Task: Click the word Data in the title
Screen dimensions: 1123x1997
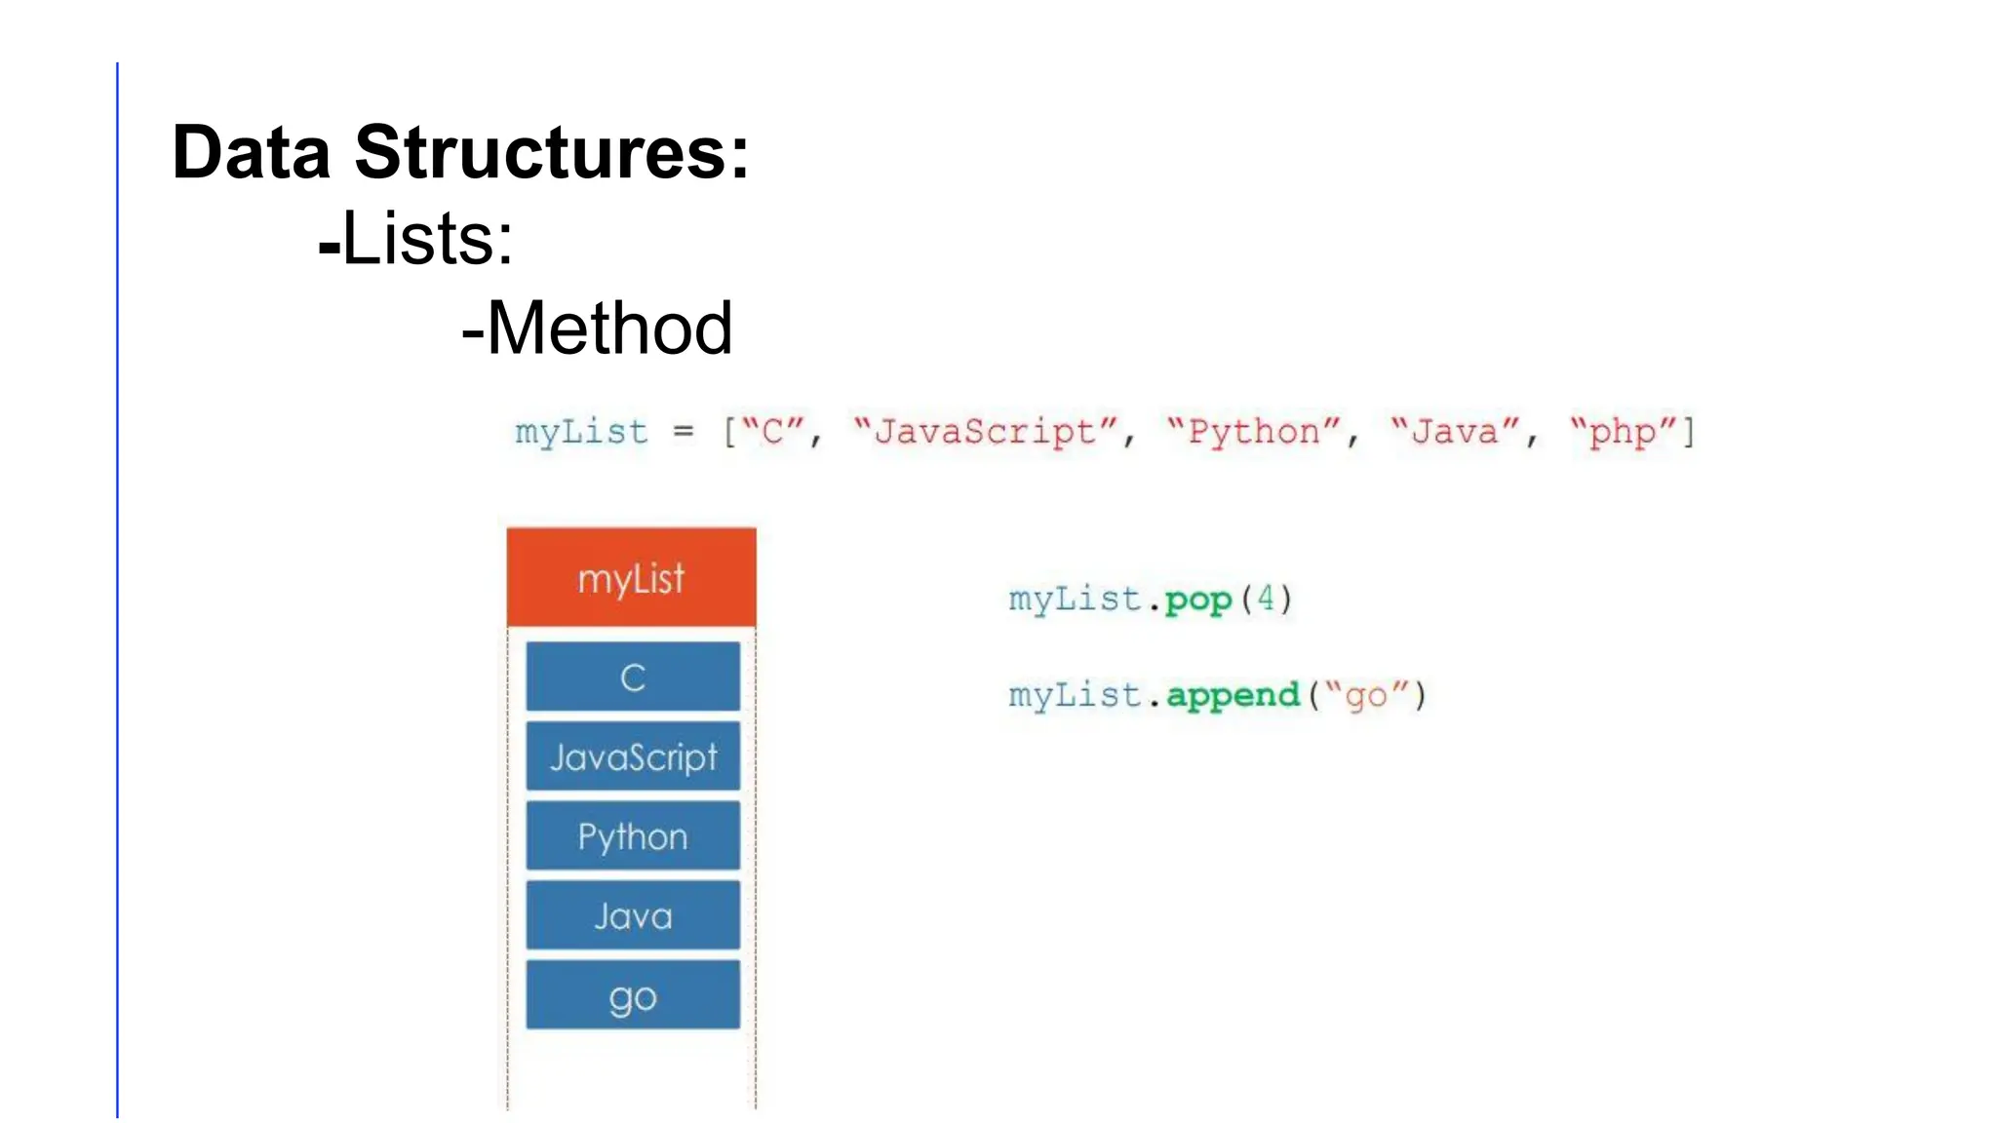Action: [x=251, y=153]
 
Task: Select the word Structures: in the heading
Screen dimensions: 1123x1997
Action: [x=552, y=153]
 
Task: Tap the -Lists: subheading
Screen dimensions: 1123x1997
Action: [x=416, y=239]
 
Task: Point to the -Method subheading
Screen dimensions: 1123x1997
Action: [x=597, y=329]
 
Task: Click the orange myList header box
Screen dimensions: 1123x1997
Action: [x=631, y=578]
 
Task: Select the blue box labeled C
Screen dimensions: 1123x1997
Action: [x=633, y=677]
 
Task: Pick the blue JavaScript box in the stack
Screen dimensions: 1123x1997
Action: [x=633, y=756]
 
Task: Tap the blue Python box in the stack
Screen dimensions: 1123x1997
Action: [x=633, y=836]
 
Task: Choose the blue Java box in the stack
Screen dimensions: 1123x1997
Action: [x=633, y=915]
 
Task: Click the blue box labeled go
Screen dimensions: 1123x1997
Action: [x=633, y=995]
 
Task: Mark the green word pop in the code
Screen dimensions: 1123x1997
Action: [x=1198, y=600]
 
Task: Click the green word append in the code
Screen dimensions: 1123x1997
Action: [x=1233, y=695]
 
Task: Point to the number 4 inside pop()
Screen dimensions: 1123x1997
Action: [x=1266, y=598]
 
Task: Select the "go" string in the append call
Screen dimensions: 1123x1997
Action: [x=1365, y=695]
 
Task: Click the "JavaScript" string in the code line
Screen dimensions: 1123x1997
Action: [x=985, y=431]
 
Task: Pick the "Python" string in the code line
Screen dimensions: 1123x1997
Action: [x=1254, y=431]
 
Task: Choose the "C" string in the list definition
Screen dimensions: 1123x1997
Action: [x=772, y=431]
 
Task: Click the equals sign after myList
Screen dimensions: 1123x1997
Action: [x=684, y=431]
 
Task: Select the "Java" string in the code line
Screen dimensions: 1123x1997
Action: [x=1455, y=431]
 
